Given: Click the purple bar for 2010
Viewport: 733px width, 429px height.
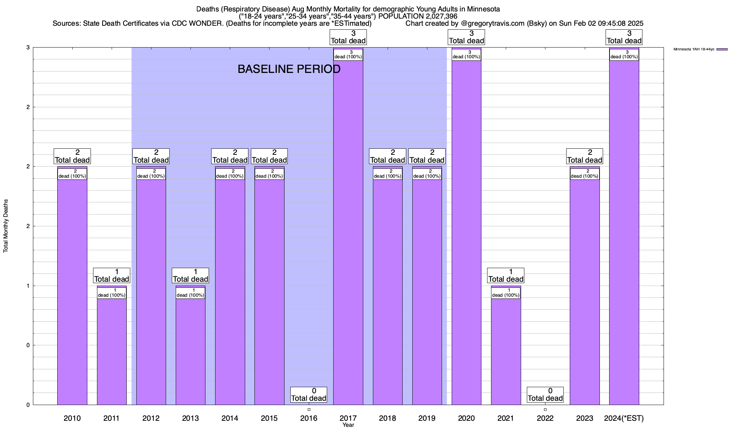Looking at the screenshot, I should click(72, 286).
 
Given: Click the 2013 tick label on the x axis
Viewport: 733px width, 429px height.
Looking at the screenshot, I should click(190, 418).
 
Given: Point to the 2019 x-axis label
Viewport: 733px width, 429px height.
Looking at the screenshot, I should click(427, 418).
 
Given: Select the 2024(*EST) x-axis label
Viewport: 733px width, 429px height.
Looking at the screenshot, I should click(624, 418).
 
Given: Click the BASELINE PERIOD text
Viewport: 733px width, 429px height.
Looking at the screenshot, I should click(289, 69).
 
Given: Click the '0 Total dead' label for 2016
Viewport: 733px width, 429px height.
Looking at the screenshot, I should click(309, 395).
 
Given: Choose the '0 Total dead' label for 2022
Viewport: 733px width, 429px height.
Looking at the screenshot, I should click(545, 395).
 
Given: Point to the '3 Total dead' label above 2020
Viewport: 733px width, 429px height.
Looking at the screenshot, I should click(466, 37).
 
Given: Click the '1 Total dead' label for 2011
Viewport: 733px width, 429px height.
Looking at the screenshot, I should click(112, 276).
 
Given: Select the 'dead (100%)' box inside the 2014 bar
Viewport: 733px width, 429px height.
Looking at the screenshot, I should click(230, 174).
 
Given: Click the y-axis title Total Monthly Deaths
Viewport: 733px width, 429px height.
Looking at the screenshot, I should click(6, 226).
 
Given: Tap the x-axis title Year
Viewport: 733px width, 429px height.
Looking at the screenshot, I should click(348, 425).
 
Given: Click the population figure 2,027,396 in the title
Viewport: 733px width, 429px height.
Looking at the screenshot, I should click(440, 16).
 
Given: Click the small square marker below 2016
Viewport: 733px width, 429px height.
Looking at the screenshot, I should click(309, 410).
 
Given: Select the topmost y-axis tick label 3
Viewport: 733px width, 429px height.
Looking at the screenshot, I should click(28, 48).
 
